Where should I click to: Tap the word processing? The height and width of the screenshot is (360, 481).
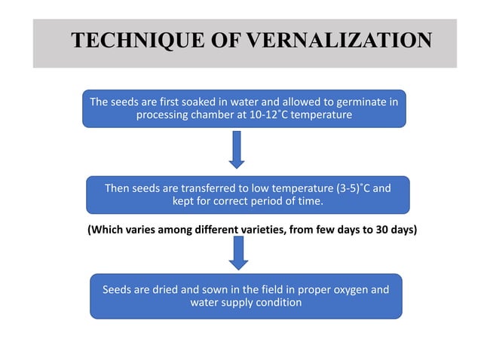coord(164,115)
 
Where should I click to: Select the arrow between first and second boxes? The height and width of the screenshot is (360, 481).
coord(237,149)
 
